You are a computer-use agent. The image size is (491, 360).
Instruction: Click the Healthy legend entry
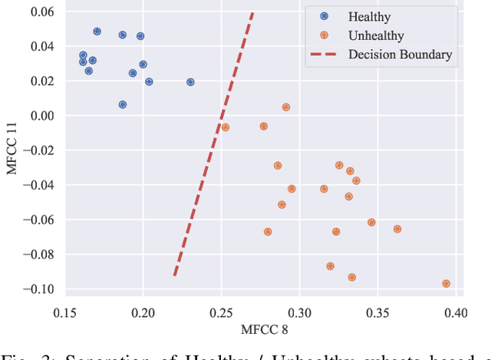pos(369,16)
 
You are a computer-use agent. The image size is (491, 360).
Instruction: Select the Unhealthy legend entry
pos(376,35)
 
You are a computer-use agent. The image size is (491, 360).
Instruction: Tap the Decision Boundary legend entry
pos(400,54)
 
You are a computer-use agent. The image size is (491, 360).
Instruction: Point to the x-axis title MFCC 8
pos(260,331)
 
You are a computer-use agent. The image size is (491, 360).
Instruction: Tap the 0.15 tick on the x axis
pos(65,313)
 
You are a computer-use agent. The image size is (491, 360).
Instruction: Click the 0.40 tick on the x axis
pos(456,313)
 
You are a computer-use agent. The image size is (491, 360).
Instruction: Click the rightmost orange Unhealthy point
pos(446,283)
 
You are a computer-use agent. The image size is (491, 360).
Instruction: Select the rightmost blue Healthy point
pos(190,82)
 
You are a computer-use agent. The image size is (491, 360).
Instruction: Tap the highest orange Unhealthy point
pos(285,107)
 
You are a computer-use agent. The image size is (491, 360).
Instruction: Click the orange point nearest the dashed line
pos(225,127)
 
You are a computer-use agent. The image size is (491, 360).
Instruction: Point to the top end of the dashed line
pos(252,13)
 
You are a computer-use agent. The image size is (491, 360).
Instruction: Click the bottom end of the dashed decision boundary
pos(175,275)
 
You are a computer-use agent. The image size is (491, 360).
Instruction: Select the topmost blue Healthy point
pos(97,31)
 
